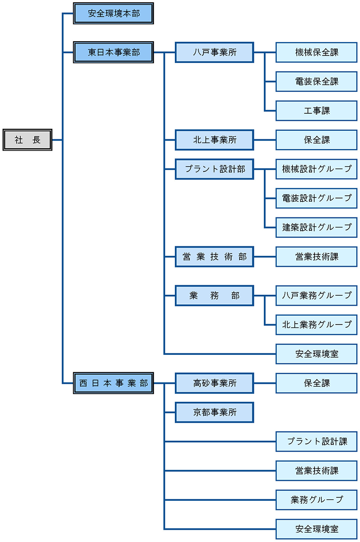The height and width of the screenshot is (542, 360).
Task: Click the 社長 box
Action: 27,140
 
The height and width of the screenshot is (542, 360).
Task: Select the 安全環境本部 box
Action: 114,13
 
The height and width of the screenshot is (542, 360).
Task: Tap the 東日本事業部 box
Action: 114,52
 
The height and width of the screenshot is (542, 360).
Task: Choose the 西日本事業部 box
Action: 114,383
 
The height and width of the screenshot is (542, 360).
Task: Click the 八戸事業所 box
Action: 215,52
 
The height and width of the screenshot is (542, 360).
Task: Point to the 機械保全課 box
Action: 316,52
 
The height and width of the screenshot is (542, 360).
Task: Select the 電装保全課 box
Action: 316,81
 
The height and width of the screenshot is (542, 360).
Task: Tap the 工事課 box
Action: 316,110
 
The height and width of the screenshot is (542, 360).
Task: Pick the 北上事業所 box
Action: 215,140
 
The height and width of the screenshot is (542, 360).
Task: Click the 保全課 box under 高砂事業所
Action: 316,383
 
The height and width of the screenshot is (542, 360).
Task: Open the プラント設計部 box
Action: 215,169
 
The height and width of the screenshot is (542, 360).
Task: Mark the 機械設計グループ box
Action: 316,169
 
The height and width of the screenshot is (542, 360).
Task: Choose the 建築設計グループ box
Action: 316,227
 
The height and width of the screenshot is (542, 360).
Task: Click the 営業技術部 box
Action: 215,256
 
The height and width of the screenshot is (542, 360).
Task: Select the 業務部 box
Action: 215,295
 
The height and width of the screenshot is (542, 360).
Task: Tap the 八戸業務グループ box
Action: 316,295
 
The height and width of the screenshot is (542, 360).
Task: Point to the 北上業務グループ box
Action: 316,325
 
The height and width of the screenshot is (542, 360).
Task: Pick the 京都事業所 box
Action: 215,412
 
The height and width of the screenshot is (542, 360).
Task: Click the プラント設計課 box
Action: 316,441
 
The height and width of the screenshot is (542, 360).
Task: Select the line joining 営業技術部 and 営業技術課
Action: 265,257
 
